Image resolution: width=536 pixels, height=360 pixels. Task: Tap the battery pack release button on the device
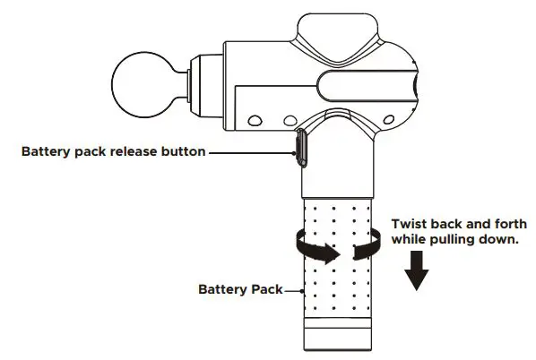click(299, 148)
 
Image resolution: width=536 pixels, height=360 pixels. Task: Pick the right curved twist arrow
click(367, 244)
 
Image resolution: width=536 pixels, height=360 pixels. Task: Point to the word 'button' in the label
click(180, 153)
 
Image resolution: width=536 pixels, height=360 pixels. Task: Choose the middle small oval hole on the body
click(288, 118)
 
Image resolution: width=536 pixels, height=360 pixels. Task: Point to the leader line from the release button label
click(252, 153)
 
